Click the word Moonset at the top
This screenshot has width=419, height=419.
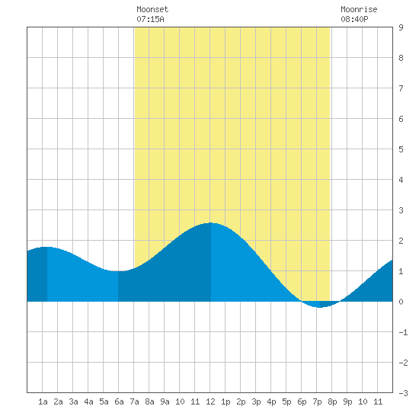point(152,9)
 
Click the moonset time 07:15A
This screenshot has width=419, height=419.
point(150,19)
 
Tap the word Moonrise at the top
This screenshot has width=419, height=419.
point(359,9)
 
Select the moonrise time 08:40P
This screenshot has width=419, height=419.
point(354,19)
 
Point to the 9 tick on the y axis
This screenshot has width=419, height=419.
point(401,27)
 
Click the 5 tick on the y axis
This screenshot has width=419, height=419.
point(401,149)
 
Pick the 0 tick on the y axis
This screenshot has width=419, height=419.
point(401,302)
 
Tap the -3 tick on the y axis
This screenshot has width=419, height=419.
point(403,393)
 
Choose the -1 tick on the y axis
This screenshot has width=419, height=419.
point(403,332)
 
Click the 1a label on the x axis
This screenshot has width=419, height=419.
point(43,401)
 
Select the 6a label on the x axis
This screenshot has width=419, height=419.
point(119,401)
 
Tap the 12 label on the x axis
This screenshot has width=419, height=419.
point(210,401)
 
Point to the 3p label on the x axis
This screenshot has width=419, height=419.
point(256,401)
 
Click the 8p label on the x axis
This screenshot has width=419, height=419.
point(332,401)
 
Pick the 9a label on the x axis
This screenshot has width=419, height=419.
point(165,401)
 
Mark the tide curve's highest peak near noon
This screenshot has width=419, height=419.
point(211,222)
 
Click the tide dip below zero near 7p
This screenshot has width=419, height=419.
point(320,307)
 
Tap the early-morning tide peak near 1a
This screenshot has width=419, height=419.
point(47,247)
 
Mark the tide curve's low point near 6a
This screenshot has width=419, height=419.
point(118,271)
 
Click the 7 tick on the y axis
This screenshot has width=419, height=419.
point(401,88)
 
